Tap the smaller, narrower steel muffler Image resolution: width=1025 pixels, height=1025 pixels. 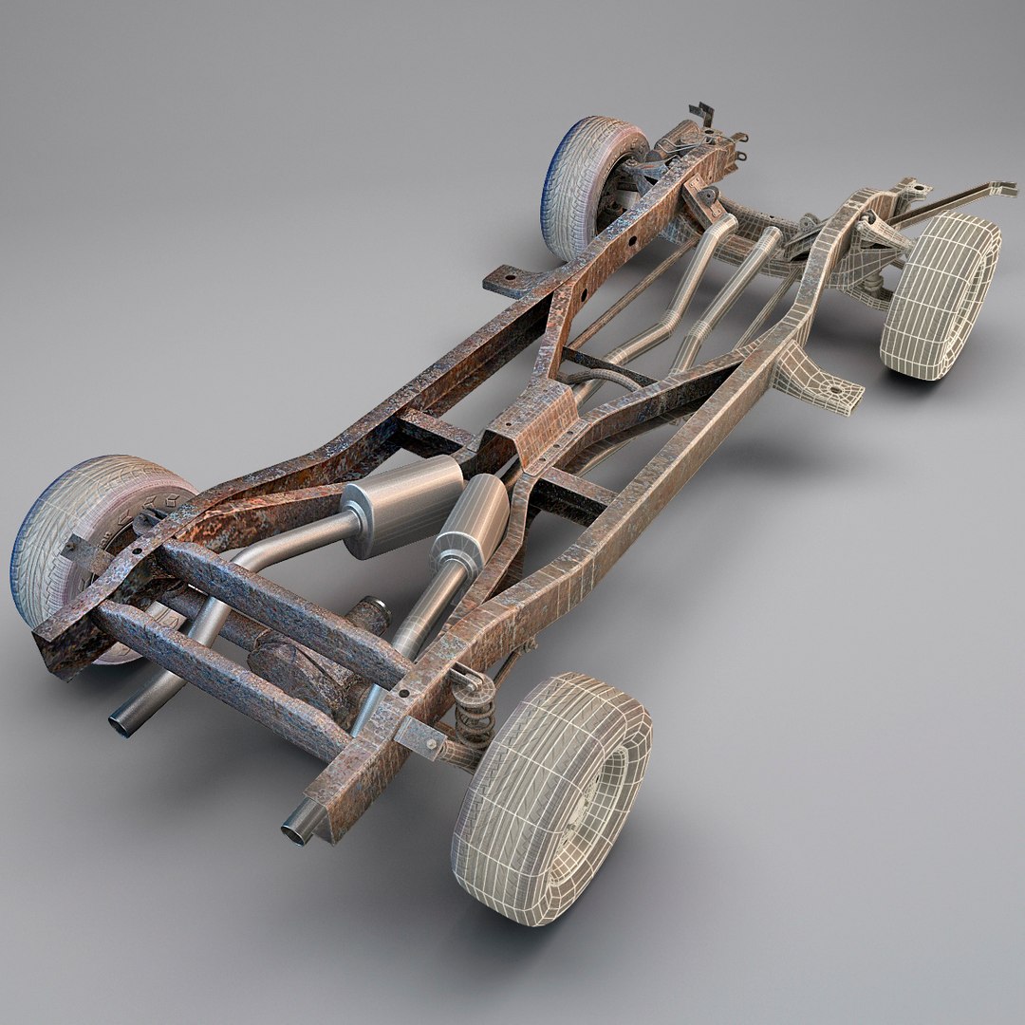coord(472,525)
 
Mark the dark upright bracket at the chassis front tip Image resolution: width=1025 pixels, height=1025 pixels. coord(702,115)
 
